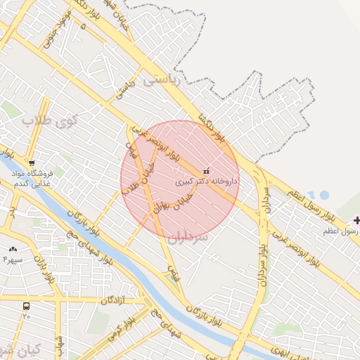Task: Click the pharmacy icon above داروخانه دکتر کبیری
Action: pos(206,170)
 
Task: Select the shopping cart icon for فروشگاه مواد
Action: pos(32,162)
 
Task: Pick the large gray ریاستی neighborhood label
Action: pos(162,81)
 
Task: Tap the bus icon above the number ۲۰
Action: pos(26,307)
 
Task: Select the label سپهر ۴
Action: pos(13,259)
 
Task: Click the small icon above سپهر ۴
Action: pos(13,249)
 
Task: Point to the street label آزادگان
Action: pos(112,300)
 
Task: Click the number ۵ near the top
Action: pos(83,26)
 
